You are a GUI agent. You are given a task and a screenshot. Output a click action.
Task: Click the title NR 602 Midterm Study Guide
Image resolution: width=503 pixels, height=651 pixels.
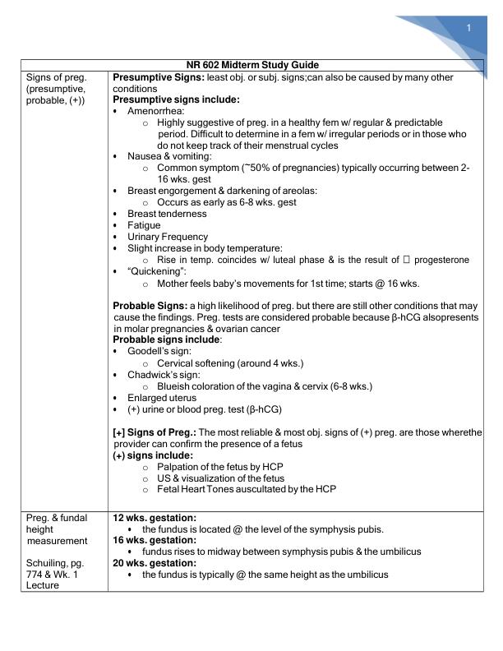pos(255,65)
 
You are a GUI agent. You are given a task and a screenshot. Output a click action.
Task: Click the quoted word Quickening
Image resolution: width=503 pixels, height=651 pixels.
pos(155,271)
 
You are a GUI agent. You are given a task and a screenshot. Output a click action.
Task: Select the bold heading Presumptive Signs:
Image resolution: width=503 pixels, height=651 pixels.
pos(158,76)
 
